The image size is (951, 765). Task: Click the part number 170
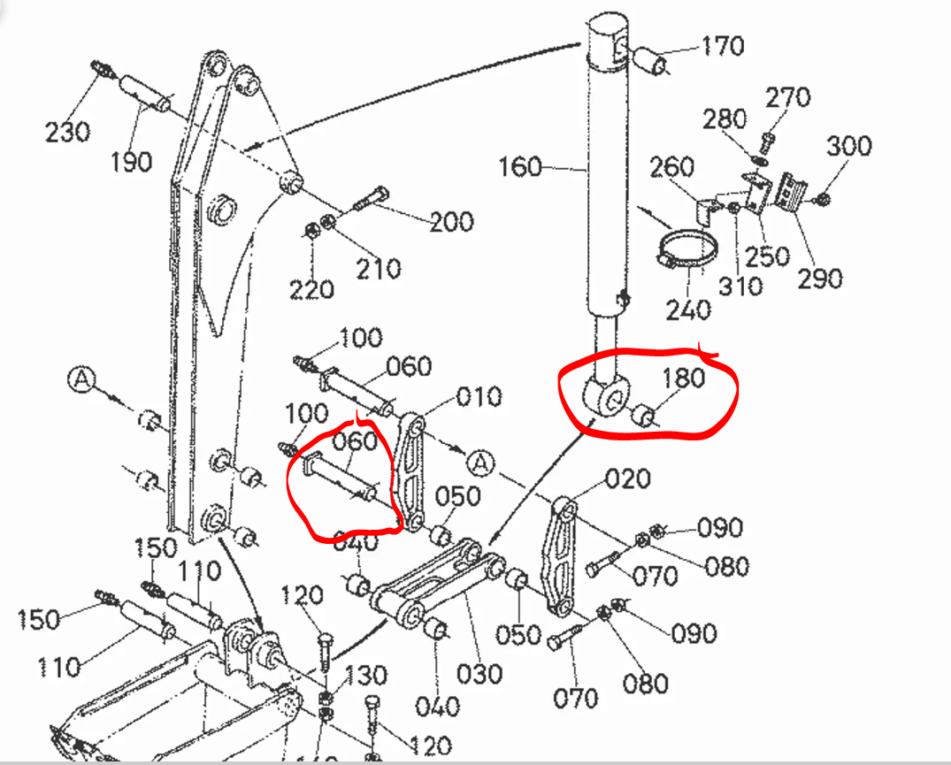723,45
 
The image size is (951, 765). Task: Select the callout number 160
520,165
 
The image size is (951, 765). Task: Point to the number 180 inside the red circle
684,378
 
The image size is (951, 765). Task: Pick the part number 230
67,132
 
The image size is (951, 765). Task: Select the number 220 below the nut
311,288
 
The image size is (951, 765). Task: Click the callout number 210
380,267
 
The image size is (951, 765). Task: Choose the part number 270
787,97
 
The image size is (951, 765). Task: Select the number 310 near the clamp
740,285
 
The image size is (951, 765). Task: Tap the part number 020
628,479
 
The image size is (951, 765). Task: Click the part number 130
365,676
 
